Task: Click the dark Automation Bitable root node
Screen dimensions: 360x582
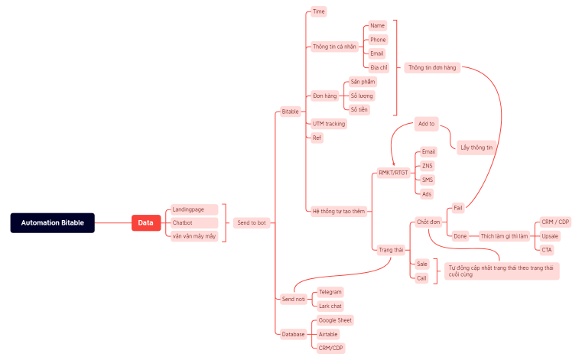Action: coord(53,222)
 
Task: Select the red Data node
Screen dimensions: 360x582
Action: coord(145,222)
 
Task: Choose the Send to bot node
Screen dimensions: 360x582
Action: coord(251,222)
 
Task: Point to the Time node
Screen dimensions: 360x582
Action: coord(319,12)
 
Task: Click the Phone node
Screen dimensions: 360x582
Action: coord(378,40)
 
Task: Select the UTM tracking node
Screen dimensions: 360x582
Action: coord(329,124)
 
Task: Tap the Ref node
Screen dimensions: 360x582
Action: coord(317,138)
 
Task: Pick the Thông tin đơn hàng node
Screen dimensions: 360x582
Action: coord(432,67)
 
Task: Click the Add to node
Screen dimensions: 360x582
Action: coord(426,123)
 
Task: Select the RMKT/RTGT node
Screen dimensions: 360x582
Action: coord(394,173)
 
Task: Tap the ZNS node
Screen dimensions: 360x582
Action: coord(427,166)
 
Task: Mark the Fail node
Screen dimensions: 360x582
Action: coord(458,207)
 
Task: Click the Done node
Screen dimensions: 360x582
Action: coord(460,235)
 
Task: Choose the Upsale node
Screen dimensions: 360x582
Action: coord(550,235)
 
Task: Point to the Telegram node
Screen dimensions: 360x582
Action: coord(330,292)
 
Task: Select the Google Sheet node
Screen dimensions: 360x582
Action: coord(335,320)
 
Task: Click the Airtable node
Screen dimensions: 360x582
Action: coord(329,334)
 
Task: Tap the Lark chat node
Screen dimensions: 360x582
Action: coord(330,306)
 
